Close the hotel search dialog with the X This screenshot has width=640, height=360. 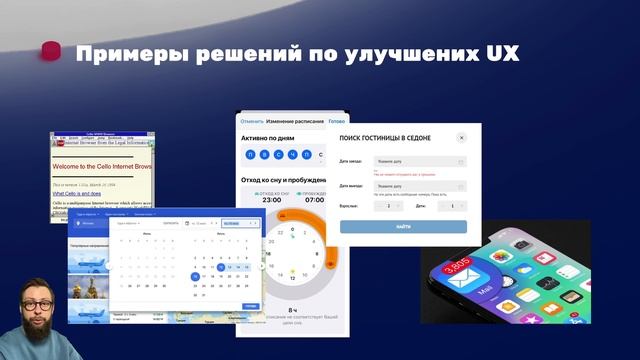point(461,137)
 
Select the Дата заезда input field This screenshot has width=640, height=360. point(419,160)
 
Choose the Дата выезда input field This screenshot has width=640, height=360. point(419,185)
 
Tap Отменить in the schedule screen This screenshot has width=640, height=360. point(252,121)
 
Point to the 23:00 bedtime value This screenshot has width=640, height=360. point(271,200)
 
